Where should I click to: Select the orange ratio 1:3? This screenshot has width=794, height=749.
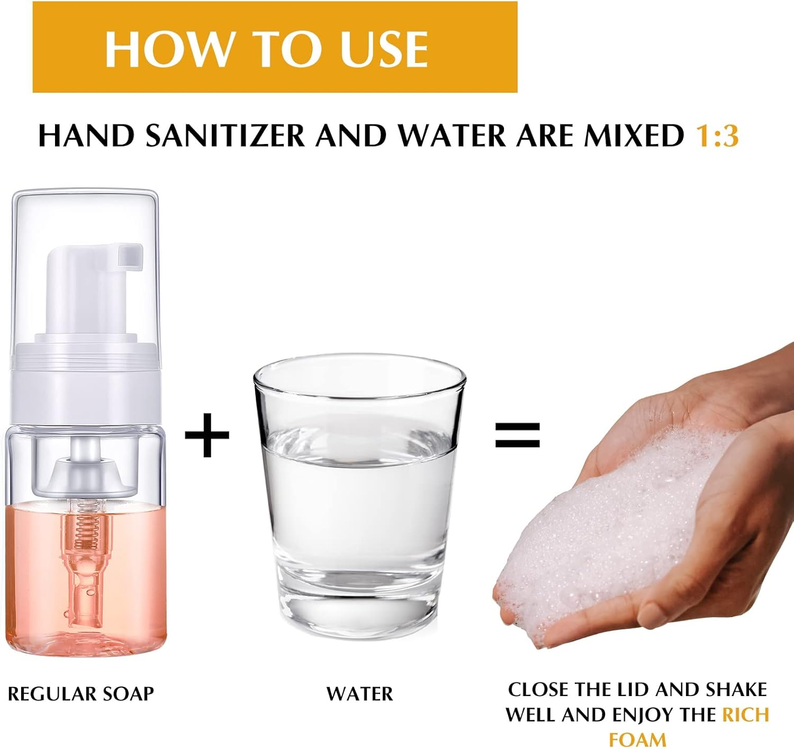[x=717, y=136]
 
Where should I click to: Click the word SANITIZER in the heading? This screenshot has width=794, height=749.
[x=225, y=136]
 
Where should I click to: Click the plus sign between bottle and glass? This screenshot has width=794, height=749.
[x=207, y=435]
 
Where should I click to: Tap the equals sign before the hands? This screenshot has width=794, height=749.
[x=517, y=435]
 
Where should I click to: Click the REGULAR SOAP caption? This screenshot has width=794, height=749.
[x=80, y=693]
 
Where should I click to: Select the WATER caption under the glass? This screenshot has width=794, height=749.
[x=359, y=693]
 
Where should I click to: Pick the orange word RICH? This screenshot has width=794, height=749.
[x=745, y=715]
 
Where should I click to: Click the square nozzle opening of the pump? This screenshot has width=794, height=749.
[x=130, y=255]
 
